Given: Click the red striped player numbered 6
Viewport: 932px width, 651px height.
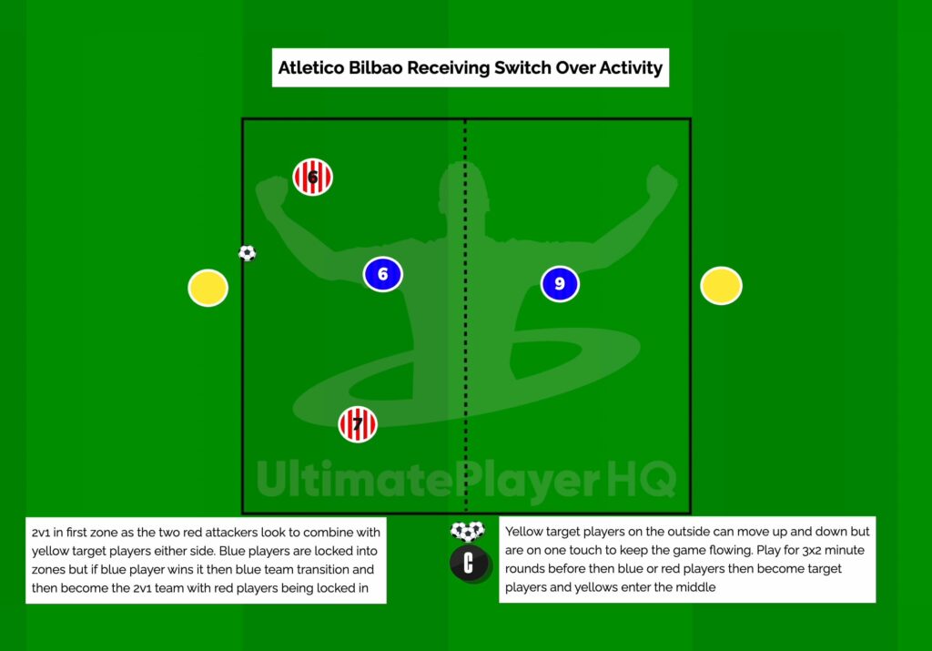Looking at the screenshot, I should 312,177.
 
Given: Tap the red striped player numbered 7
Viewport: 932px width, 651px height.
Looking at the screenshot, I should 358,424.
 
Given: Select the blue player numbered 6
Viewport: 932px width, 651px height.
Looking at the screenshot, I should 382,274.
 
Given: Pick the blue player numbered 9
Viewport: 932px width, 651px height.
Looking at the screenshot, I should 560,284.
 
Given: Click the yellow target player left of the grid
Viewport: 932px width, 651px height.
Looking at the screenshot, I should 208,288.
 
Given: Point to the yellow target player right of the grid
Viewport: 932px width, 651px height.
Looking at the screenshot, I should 721,286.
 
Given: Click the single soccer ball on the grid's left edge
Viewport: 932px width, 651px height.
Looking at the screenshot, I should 247,253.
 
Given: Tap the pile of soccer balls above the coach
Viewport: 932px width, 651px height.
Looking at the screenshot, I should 468,531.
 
